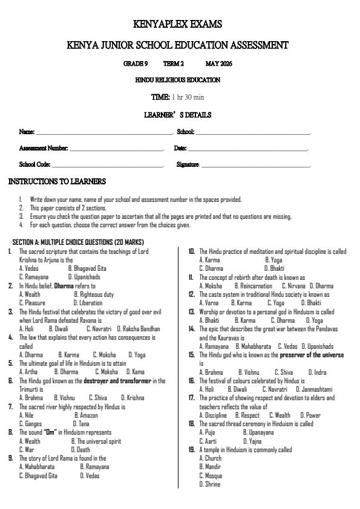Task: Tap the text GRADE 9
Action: (x=136, y=63)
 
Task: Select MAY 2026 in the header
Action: (x=218, y=63)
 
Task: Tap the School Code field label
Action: (x=34, y=164)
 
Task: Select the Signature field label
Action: (x=188, y=164)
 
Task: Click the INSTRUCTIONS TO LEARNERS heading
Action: (x=57, y=181)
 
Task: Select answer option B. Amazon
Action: (x=86, y=415)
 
